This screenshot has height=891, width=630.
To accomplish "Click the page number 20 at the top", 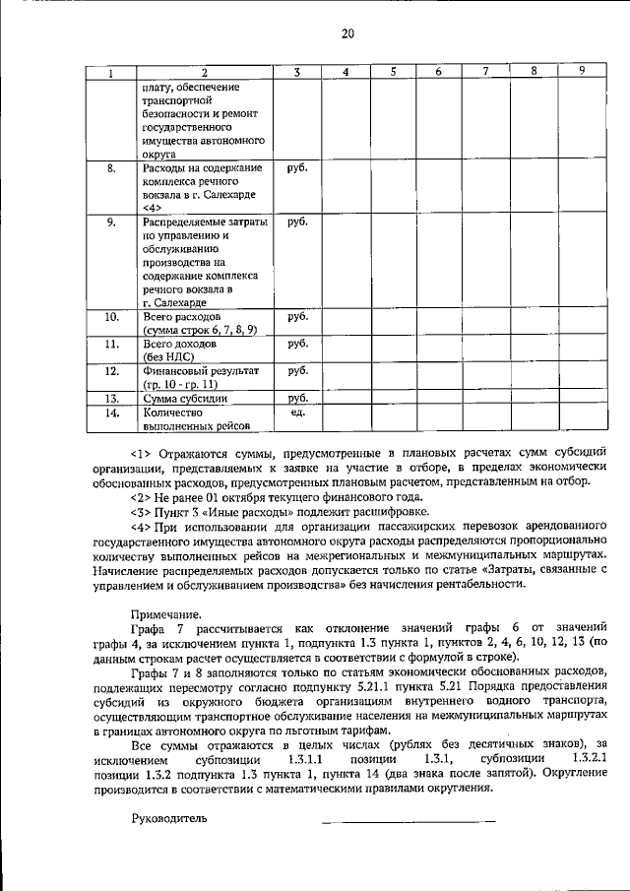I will click(x=346, y=34).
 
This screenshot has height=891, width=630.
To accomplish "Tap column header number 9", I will click(x=583, y=71).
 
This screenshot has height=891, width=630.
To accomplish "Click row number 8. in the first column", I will click(x=111, y=168).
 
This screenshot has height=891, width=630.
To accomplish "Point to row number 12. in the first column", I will click(x=111, y=371).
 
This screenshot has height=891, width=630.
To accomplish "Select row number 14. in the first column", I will click(x=111, y=414).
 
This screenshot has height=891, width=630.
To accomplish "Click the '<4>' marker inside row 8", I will click(x=153, y=208).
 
